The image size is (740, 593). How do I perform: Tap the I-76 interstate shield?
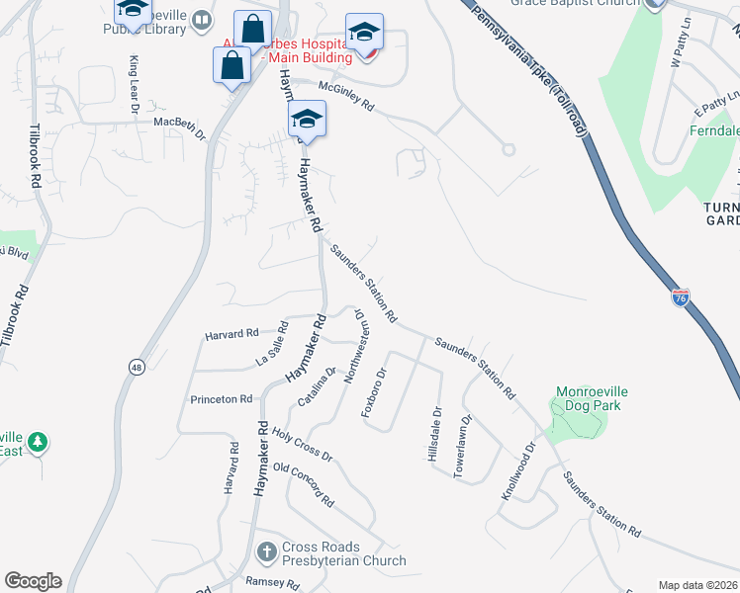[681, 296]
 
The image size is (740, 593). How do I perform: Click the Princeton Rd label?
[222, 399]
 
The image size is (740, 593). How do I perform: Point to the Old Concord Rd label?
[304, 485]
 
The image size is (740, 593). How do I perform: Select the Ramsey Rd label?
[272, 583]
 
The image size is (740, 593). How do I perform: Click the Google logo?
[33, 580]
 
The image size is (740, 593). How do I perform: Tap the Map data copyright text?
[697, 585]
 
